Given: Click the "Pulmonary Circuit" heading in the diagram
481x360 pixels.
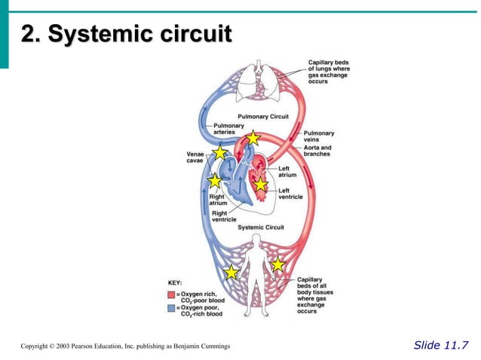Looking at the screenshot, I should coord(263,117).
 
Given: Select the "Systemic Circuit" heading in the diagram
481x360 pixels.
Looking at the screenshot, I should coord(260,227).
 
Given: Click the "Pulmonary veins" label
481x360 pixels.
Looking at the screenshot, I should coord(318,136).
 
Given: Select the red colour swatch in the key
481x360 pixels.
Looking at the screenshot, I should coord(170,294).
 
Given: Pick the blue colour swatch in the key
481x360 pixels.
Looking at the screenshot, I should coord(170,309).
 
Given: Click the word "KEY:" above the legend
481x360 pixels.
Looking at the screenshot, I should coord(175,282).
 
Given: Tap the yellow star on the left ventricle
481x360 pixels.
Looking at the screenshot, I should coord(260,184).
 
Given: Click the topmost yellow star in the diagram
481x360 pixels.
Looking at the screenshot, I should coord(253,139).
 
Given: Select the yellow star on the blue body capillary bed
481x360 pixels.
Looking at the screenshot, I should coord(231,272).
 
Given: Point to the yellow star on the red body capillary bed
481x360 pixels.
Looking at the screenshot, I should coord(277,264).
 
